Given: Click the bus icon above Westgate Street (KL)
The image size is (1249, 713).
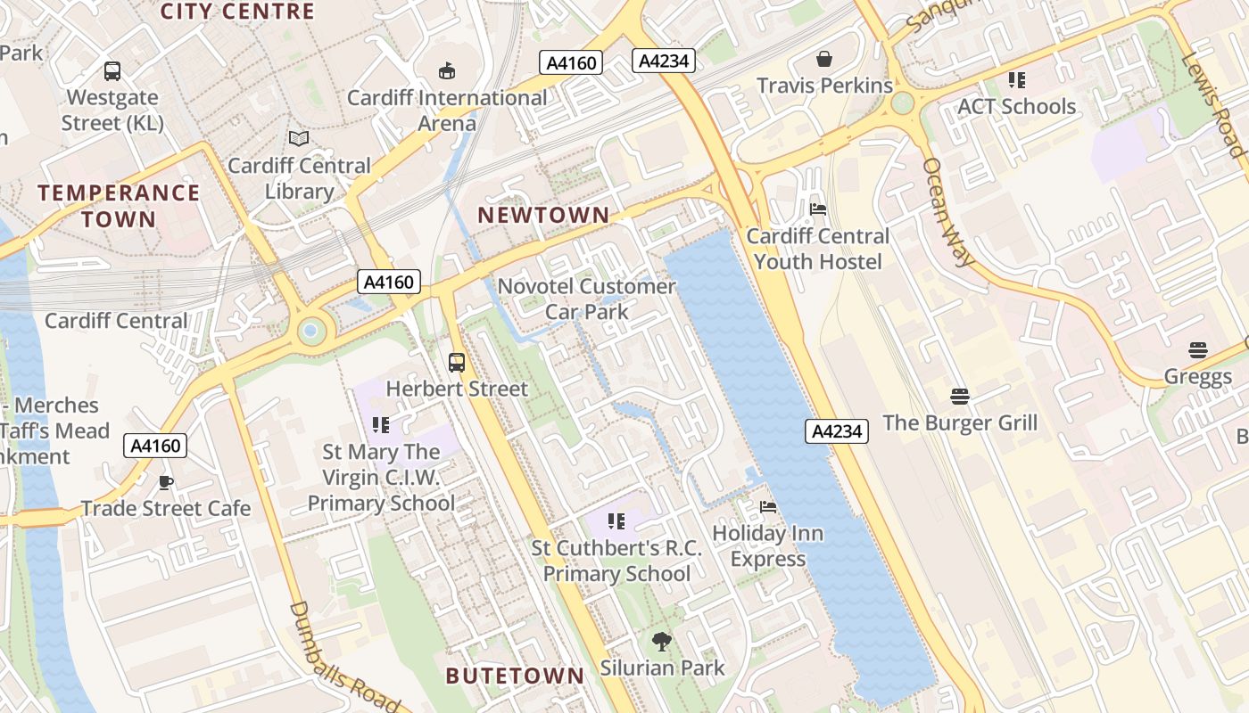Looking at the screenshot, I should click(112, 71).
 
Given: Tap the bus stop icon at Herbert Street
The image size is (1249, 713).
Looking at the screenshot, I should click(457, 363).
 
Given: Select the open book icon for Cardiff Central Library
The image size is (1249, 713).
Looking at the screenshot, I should click(299, 139).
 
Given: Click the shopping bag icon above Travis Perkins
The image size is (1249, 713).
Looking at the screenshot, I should click(824, 60).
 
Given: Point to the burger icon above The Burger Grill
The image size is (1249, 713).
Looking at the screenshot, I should click(960, 396).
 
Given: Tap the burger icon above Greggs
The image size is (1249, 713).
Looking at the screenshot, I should click(1197, 350).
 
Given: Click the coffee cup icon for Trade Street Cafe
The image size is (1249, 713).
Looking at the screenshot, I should click(166, 482).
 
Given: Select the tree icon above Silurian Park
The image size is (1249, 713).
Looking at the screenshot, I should click(661, 641).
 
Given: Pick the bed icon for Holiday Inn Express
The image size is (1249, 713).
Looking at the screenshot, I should click(768, 507).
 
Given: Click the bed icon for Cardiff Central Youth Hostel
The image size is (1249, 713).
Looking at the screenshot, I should click(817, 209).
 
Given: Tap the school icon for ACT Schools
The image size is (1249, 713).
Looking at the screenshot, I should click(1016, 80).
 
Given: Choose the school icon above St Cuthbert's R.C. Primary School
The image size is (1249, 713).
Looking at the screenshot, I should click(616, 520).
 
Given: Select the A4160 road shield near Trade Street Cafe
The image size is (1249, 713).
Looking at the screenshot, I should click(156, 446).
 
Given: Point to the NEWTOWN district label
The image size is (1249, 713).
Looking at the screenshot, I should click(543, 215).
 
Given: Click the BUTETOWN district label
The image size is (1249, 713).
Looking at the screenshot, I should click(515, 676).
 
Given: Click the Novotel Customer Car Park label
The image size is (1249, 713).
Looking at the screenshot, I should click(587, 299).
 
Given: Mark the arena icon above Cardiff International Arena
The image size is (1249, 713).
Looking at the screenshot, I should click(447, 71).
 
